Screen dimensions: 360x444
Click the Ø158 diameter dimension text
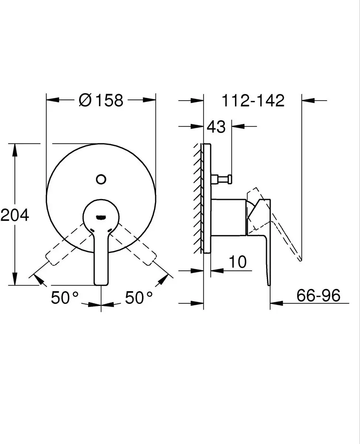[x=101, y=100]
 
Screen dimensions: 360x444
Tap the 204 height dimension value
[x=14, y=215]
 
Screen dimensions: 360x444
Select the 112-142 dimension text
[x=253, y=101]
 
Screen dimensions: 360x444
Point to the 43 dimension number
[x=216, y=127]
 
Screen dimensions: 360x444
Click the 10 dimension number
[x=238, y=262]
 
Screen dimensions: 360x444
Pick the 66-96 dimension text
[x=318, y=295]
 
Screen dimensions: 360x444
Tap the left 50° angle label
[x=65, y=298]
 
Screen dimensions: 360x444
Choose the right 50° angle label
[x=139, y=298]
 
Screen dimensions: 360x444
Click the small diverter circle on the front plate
[x=101, y=179]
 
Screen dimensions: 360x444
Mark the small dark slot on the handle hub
[x=101, y=218]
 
